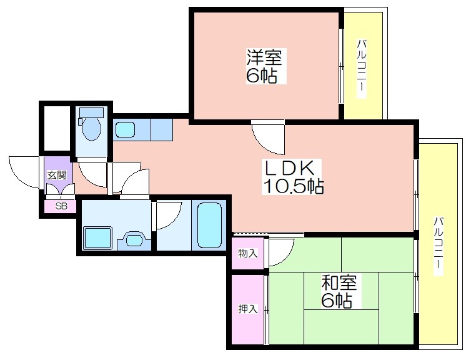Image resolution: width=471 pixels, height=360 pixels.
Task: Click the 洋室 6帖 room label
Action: (265, 66)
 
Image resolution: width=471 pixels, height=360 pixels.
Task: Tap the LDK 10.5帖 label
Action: (292, 177)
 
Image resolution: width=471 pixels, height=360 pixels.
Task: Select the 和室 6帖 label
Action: (339, 291)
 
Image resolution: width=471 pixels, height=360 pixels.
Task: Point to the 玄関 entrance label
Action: (57, 175)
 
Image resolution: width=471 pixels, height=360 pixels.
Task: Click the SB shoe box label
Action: (61, 206)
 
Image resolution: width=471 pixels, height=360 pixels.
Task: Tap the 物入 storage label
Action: (248, 253)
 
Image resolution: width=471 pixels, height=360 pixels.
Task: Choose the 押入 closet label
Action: (248, 309)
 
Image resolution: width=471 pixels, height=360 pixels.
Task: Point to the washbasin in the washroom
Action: (134, 240)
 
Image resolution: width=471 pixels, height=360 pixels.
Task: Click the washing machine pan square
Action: (97, 237)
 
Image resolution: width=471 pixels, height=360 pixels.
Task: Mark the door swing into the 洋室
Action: (268, 138)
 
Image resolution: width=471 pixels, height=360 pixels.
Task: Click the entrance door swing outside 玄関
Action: (24, 172)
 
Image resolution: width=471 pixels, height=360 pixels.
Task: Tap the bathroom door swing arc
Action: (169, 215)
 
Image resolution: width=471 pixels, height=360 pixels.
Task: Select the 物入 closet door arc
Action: (281, 252)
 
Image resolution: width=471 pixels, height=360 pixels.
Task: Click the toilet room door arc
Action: (92, 175)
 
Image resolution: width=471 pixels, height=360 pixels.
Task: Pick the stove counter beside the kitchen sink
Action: (162, 129)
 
